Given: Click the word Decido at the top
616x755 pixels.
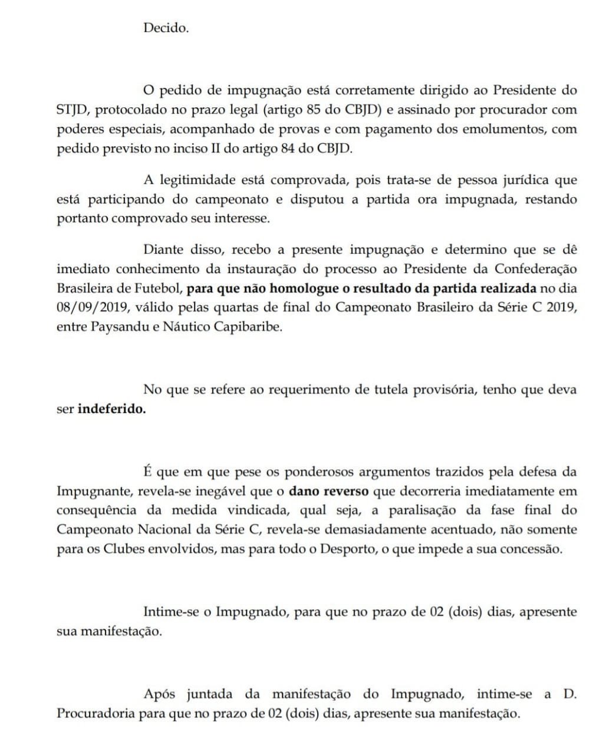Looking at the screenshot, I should [x=166, y=28].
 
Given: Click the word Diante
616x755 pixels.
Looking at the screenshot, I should [x=163, y=250].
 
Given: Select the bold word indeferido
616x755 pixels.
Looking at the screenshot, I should [x=111, y=409].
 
